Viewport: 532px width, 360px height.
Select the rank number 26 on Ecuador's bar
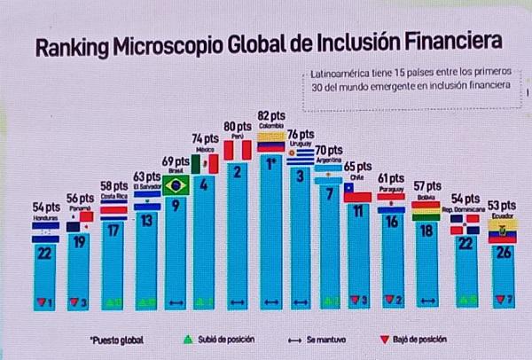click(503, 252)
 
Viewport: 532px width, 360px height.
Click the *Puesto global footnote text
click(115, 339)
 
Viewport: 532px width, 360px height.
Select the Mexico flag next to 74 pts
click(206, 165)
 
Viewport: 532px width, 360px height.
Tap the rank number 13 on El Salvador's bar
click(146, 221)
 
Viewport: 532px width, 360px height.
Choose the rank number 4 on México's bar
click(206, 185)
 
